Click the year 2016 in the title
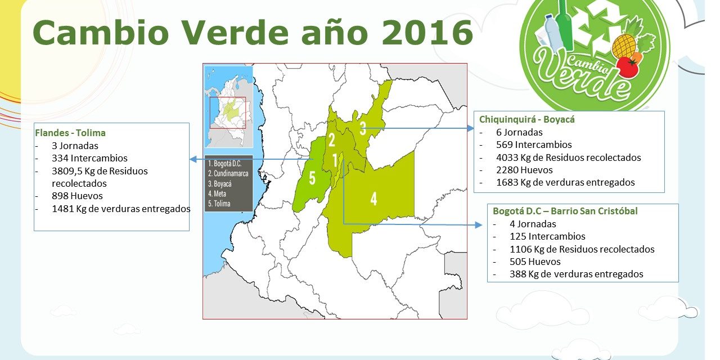pyautogui.click(x=427, y=33)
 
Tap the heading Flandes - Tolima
pyautogui.click(x=70, y=133)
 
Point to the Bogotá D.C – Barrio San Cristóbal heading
pyautogui.click(x=565, y=211)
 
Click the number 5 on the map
pyautogui.click(x=312, y=178)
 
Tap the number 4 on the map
pyautogui.click(x=373, y=199)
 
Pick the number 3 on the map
pyautogui.click(x=363, y=128)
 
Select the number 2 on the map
pyautogui.click(x=331, y=140)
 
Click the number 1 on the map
pyautogui.click(x=335, y=160)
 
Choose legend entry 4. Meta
pyautogui.click(x=217, y=194)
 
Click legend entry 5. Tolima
pyautogui.click(x=219, y=204)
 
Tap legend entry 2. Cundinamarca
pyautogui.click(x=228, y=174)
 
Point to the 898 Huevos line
pyautogui.click(x=77, y=196)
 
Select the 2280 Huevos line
pyautogui.click(x=524, y=170)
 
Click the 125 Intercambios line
pyautogui.click(x=547, y=237)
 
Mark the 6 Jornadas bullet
pyautogui.click(x=519, y=132)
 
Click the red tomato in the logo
pyautogui.click(x=628, y=67)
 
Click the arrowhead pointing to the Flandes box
pyautogui.click(x=193, y=159)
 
